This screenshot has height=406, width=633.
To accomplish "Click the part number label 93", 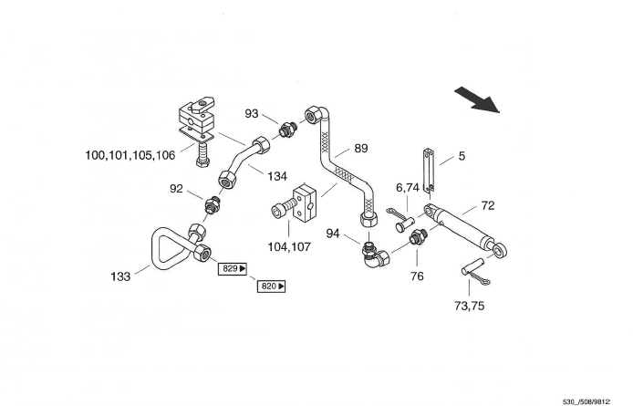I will tap(252, 113).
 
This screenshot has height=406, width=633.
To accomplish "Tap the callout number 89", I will tap(361, 149).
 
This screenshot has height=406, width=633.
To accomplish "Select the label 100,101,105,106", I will tap(130, 156).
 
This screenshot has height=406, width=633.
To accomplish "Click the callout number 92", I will tap(176, 190).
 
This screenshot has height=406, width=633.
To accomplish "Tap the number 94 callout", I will tap(333, 234).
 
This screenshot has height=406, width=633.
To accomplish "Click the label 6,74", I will tap(407, 187).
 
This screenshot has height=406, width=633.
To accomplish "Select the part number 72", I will tap(488, 206).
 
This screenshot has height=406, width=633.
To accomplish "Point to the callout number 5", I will tap(462, 156).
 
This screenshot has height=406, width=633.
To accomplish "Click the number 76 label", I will tap(418, 276).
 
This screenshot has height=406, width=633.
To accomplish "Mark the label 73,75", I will tap(470, 306).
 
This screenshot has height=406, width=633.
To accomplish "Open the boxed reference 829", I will tap(231, 269).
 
